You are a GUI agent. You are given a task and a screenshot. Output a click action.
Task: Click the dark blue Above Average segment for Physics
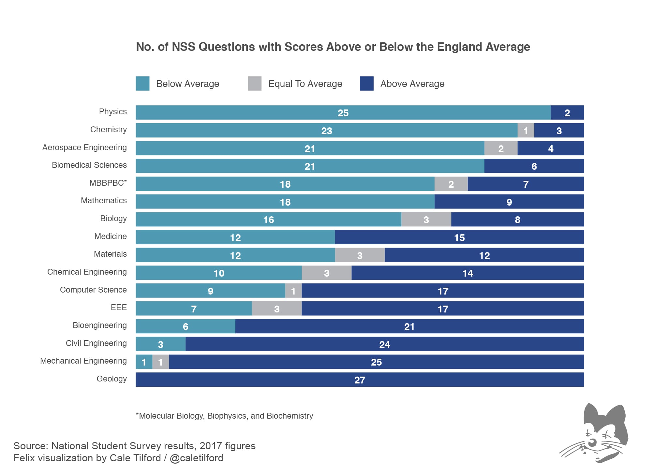(567, 113)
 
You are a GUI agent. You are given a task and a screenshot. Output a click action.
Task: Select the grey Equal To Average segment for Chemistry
(526, 131)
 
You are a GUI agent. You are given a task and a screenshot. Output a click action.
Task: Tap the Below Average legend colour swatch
(142, 83)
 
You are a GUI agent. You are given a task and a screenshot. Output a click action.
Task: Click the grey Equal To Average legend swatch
(255, 83)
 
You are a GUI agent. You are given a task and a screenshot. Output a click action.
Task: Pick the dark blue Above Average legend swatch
(366, 83)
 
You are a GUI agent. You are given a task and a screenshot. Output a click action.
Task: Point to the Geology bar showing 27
(360, 380)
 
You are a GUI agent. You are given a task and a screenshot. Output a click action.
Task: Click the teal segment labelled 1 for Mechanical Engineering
(144, 362)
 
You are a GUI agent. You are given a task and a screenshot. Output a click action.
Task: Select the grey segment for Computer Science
(293, 291)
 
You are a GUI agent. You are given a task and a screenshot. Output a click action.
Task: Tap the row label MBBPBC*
(108, 183)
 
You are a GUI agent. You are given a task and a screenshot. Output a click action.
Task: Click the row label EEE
(119, 307)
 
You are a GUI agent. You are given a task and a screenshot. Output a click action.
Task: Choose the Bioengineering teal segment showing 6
(185, 326)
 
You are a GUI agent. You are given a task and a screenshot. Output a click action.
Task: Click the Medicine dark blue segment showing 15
(459, 237)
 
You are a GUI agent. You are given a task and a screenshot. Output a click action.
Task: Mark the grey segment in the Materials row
(360, 255)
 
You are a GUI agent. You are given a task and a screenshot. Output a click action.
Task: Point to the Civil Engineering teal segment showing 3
(160, 344)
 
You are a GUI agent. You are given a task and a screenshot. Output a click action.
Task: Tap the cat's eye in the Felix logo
(592, 442)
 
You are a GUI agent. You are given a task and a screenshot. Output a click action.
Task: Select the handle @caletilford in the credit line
(197, 458)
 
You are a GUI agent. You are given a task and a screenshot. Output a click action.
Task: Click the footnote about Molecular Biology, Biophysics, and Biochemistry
(224, 416)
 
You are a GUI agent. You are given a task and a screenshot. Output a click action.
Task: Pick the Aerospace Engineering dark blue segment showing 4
(551, 149)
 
